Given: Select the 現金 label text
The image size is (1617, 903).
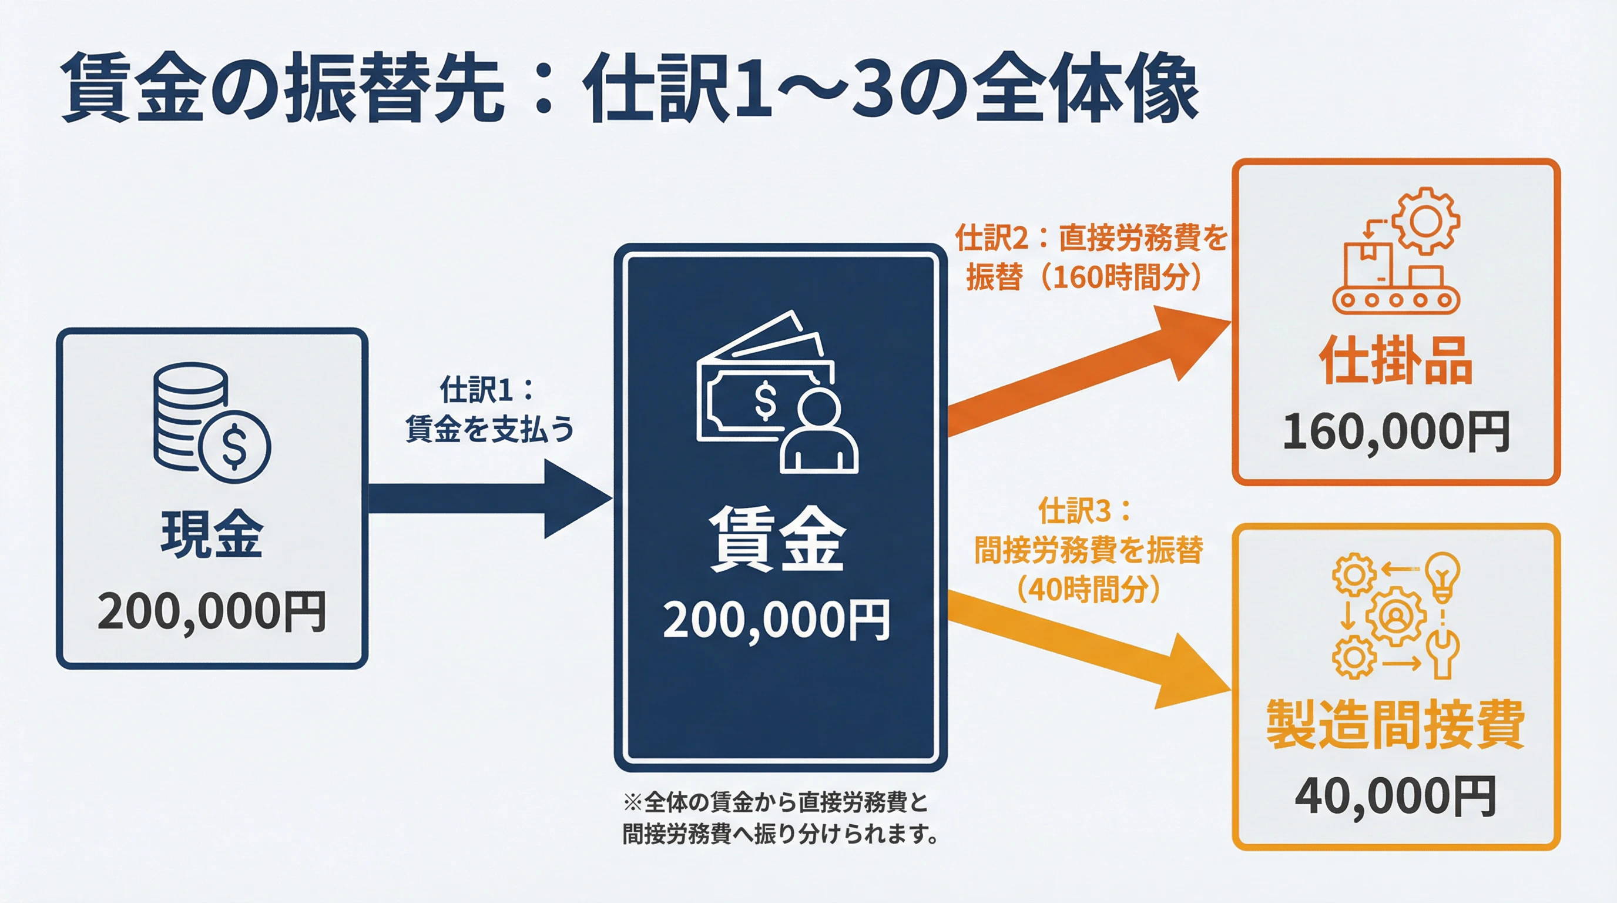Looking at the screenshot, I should click(x=212, y=534).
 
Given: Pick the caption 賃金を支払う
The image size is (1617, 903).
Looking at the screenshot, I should click(x=489, y=429).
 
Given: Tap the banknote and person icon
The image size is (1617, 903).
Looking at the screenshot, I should click(x=777, y=393).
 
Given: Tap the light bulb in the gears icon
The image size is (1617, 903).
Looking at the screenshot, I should click(x=1442, y=574).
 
